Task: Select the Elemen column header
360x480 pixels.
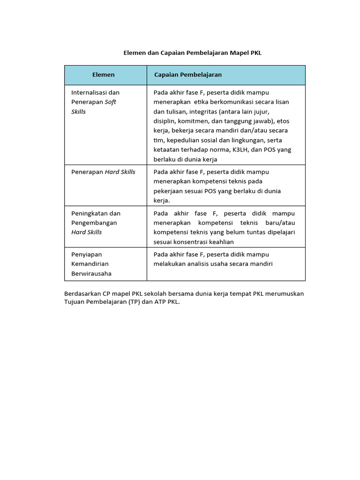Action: (x=103, y=75)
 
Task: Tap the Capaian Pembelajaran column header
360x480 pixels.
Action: (x=187, y=75)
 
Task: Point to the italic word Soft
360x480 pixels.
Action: (x=110, y=102)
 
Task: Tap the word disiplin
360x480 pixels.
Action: (x=164, y=121)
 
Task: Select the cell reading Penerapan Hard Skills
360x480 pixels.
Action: (x=103, y=172)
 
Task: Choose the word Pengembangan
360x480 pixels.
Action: (x=94, y=223)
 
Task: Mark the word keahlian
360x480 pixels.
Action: (x=220, y=242)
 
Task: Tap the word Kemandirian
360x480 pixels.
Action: (x=90, y=264)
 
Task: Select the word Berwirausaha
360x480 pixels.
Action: (x=91, y=273)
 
